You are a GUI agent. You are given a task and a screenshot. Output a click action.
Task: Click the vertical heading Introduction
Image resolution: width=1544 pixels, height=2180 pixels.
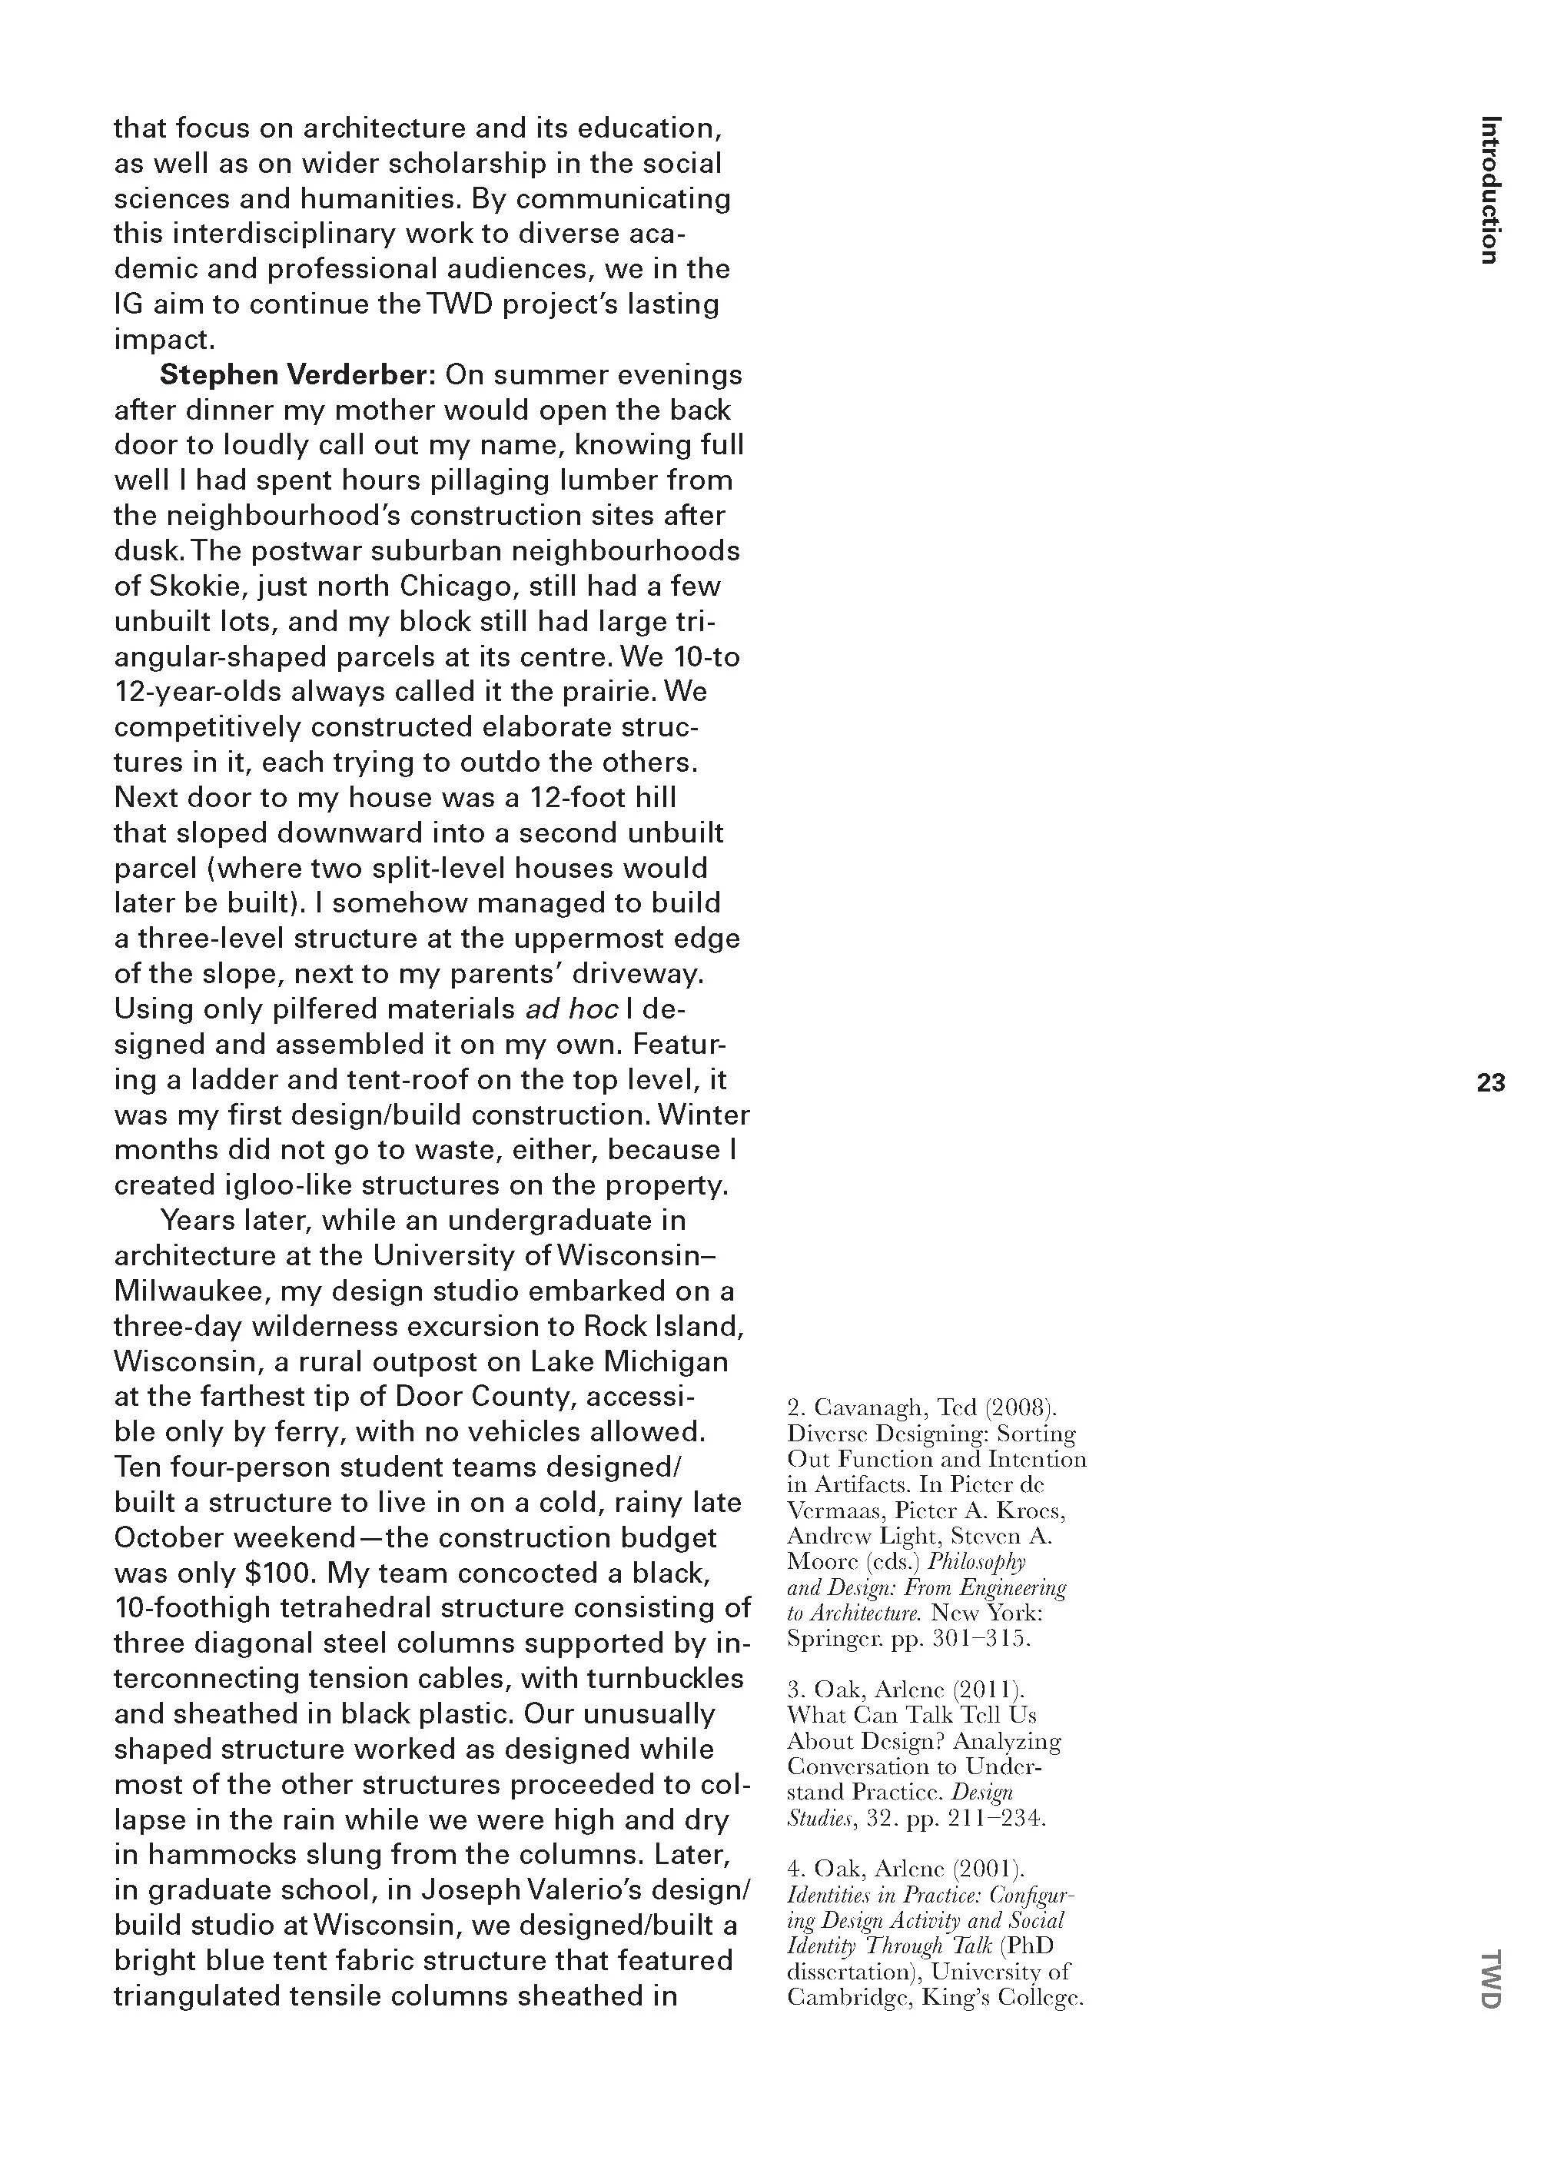click(x=1491, y=189)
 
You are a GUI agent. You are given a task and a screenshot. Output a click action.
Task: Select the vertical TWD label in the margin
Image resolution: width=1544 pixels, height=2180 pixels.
click(x=1491, y=1979)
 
